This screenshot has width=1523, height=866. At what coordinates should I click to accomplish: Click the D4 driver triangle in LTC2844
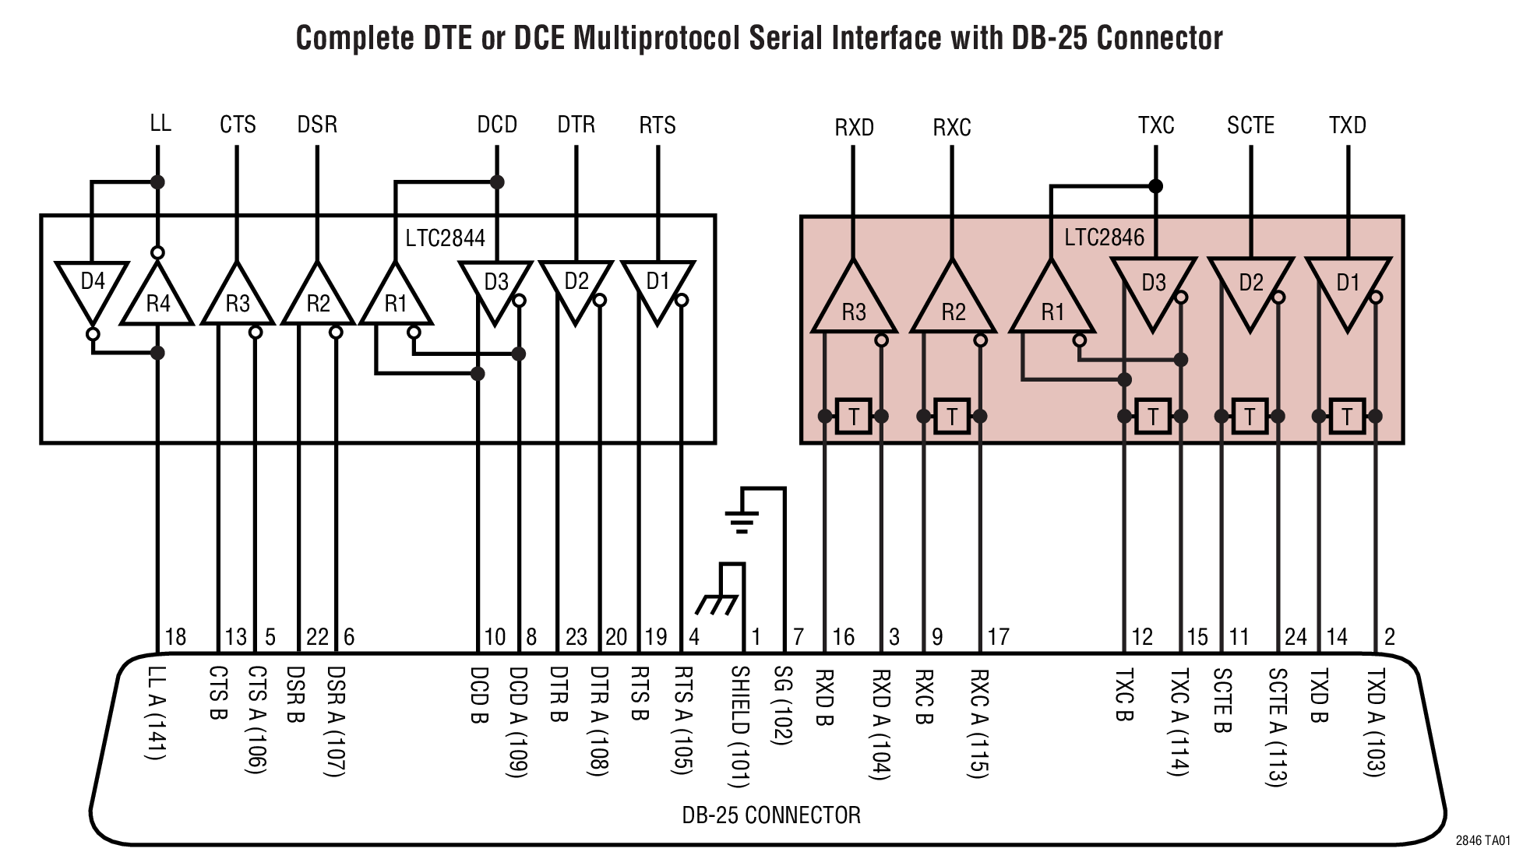click(92, 288)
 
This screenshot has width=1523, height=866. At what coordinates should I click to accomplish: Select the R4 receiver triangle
click(157, 299)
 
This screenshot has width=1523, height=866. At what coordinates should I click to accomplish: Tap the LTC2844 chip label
click(445, 238)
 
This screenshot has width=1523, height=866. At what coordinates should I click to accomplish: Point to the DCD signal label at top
click(497, 125)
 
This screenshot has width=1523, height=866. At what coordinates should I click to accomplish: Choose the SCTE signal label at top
click(1250, 125)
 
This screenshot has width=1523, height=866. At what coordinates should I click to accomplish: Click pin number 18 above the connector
click(176, 637)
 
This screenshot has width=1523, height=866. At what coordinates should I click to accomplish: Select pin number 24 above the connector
click(1296, 637)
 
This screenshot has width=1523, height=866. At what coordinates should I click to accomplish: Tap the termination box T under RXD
click(853, 417)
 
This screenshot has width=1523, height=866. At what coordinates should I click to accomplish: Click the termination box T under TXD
click(1347, 417)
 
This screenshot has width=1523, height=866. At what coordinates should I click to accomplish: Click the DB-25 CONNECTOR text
click(771, 815)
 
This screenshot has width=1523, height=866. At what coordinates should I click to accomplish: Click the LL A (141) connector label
click(157, 713)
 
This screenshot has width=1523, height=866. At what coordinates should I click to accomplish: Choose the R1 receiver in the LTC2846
click(1052, 304)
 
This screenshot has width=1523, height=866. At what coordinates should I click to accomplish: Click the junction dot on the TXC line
click(1156, 186)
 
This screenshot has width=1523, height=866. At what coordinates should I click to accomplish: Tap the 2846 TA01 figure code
click(1482, 841)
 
